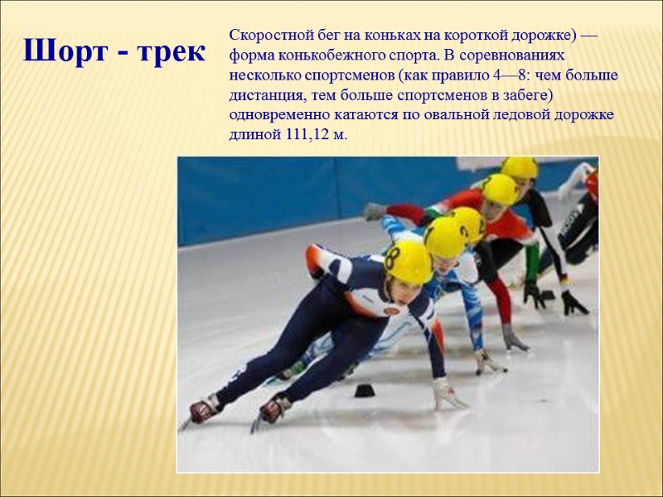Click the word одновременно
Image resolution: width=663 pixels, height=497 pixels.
277,116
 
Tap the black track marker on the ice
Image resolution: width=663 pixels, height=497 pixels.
364,390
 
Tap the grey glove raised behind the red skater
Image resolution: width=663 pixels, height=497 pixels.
375,210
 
